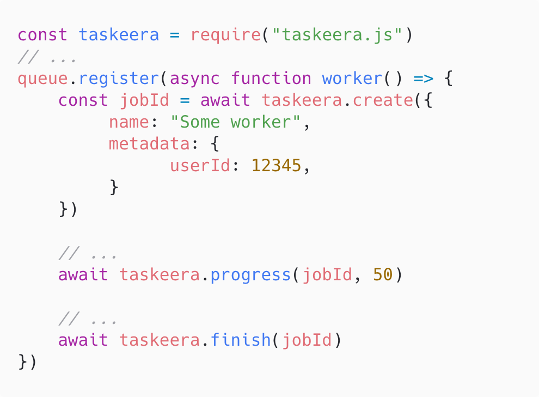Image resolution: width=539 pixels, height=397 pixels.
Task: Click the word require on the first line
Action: [226, 35]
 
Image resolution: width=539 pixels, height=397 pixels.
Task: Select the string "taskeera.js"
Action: [337, 35]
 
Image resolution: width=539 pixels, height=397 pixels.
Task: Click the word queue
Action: [43, 79]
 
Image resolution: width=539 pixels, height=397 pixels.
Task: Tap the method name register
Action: [119, 79]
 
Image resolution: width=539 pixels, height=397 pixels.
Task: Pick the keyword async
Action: [195, 79]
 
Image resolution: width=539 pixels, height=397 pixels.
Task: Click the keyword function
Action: [271, 78]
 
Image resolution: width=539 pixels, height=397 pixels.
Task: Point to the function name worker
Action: [352, 78]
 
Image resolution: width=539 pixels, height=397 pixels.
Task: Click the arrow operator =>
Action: [423, 79]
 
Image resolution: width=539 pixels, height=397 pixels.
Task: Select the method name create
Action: [383, 100]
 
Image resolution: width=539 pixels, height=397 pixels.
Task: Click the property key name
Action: [129, 122]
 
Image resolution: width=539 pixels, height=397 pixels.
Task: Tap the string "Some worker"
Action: [235, 122]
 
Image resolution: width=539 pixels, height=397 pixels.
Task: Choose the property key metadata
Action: [150, 144]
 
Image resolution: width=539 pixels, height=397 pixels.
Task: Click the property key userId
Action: [200, 166]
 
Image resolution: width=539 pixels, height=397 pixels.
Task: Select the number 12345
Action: [277, 166]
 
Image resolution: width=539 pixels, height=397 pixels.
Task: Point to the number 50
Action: [383, 275]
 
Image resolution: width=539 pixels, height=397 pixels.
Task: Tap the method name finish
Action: [241, 340]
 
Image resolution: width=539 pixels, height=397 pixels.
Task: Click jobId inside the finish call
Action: [307, 341]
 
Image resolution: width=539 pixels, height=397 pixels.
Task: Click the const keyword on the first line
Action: [42, 35]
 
